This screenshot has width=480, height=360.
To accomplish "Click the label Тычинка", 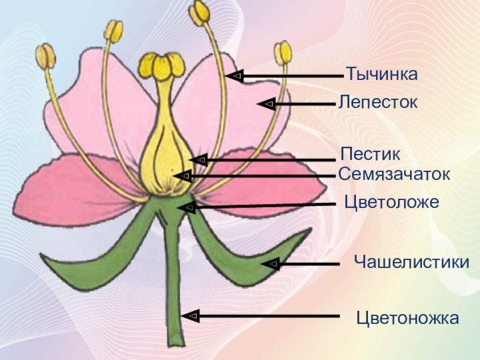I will [381, 76].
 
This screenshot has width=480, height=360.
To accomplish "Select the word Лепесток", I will [377, 102].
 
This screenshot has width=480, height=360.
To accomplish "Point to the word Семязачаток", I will [394, 175].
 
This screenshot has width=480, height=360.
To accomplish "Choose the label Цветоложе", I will [392, 202].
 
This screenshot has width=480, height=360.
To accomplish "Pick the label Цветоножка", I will [407, 317].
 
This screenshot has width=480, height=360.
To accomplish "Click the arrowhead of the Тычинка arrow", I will [236, 76].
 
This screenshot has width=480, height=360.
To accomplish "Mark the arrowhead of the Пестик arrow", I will [201, 160].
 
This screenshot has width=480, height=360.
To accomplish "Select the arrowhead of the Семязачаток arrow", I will [185, 176].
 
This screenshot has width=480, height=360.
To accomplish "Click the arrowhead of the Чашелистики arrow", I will [272, 263].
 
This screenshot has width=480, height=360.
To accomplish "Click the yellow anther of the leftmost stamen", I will [44, 56].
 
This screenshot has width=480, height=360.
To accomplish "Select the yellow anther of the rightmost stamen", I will [283, 53].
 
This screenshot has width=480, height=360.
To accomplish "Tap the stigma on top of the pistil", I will [161, 65].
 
